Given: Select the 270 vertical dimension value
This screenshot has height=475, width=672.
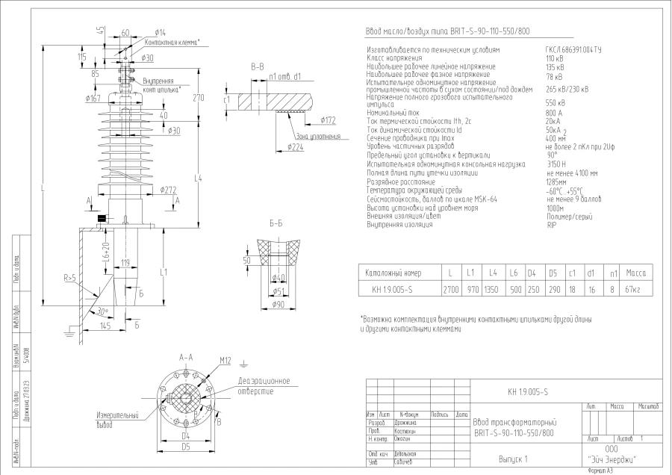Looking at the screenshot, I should (198, 98).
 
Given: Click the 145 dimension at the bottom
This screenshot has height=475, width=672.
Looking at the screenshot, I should (105, 326).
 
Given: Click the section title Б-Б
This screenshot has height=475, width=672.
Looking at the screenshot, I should (276, 223).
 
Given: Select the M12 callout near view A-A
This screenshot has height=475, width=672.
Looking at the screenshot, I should (226, 360).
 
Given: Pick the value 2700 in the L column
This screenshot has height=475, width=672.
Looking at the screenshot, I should (451, 290).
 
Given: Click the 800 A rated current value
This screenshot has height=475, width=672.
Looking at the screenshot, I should (555, 113).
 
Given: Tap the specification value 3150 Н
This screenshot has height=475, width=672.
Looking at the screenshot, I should (557, 163).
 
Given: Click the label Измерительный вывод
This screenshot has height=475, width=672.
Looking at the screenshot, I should (117, 419).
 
